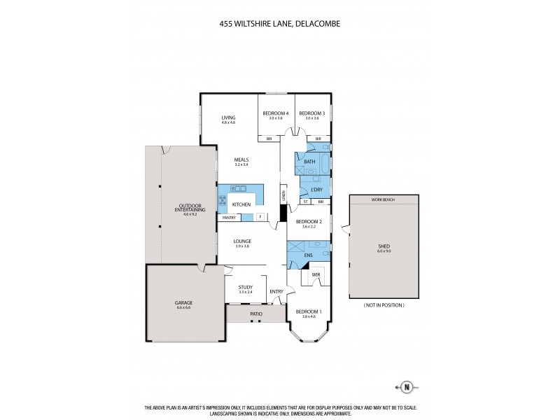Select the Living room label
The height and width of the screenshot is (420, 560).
(228, 118)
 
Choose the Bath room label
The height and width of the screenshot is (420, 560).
(309, 162)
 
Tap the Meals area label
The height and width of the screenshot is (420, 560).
(241, 160)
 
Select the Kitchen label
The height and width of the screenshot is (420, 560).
(241, 204)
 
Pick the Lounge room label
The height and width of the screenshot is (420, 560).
(242, 241)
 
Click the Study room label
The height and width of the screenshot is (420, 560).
(245, 286)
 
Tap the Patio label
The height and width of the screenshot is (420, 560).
(255, 314)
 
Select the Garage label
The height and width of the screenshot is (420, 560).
(184, 302)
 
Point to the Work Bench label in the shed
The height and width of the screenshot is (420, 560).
(383, 199)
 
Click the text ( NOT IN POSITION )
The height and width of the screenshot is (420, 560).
(383, 306)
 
